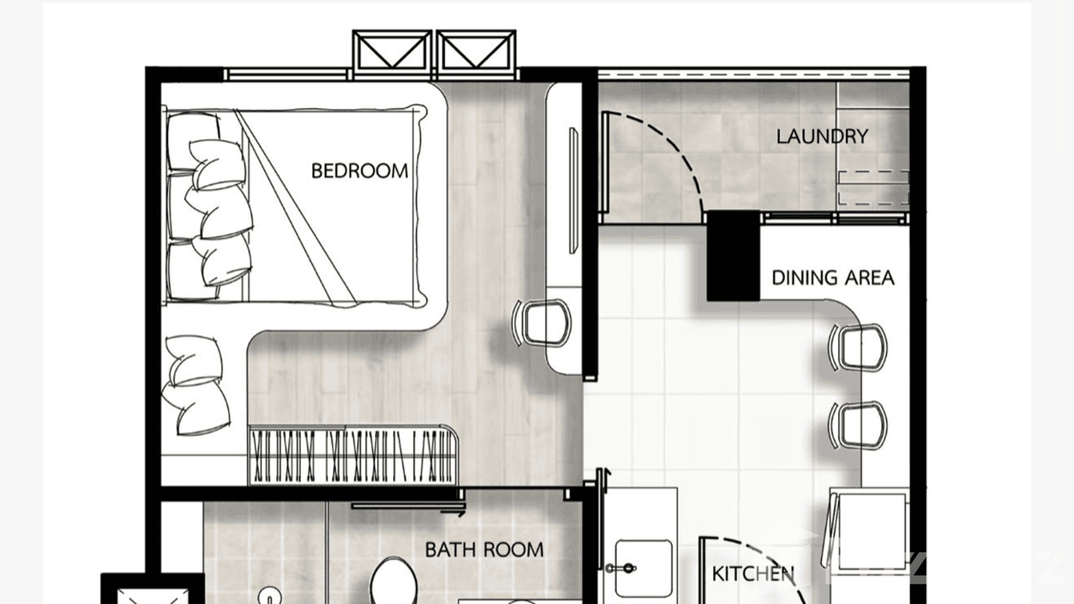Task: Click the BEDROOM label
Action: point(359,171)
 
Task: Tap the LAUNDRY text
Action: point(822,136)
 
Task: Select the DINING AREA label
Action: point(832,278)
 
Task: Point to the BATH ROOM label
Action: point(484,550)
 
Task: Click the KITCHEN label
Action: point(753,574)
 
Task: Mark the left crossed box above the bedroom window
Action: point(392,53)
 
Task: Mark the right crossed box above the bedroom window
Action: point(476,53)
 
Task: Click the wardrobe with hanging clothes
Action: point(353,455)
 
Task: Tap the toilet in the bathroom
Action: point(392,581)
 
